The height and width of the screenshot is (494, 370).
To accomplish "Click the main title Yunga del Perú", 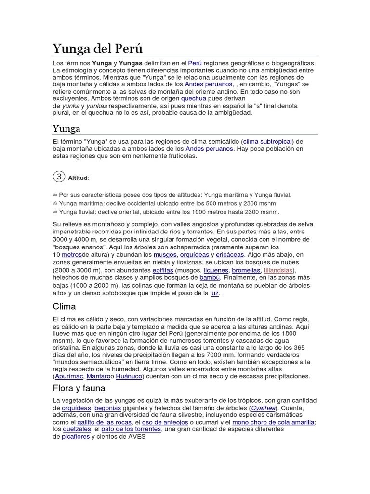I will (x=97, y=49).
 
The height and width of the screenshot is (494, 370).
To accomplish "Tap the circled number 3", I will (x=59, y=177).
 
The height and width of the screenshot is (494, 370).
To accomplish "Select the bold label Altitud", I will (x=78, y=178).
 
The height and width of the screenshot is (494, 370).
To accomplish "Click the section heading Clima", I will (x=64, y=307).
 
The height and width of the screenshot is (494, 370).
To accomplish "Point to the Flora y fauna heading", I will (x=79, y=388).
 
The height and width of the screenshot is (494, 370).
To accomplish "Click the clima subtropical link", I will (x=267, y=141).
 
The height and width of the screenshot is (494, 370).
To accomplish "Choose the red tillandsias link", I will (x=279, y=270).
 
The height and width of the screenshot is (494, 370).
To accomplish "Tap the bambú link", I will (x=210, y=278).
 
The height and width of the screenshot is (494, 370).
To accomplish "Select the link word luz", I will (x=214, y=293).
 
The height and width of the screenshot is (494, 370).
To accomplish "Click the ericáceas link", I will (x=230, y=255).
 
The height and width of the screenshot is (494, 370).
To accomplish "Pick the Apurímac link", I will (x=68, y=376).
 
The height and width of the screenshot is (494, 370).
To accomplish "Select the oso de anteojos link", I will (x=168, y=422).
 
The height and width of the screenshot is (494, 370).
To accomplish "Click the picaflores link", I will (x=75, y=437).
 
